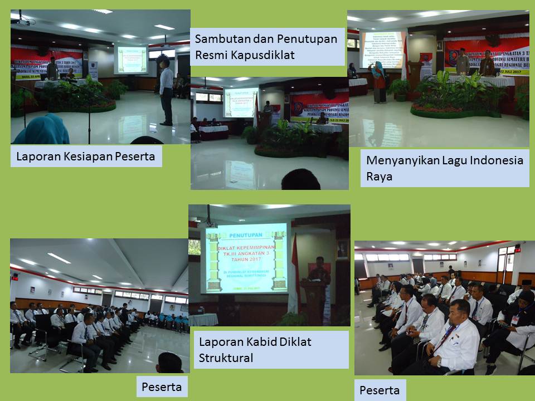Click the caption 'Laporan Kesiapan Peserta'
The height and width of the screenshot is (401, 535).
[86, 157]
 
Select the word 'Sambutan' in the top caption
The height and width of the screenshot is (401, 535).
[220, 39]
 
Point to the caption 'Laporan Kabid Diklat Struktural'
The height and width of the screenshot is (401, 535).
[255, 349]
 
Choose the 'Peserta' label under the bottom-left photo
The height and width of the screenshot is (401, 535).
[162, 387]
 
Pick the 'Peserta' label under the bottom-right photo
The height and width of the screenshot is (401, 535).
[380, 390]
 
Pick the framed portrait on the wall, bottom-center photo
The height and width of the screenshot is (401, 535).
[342, 249]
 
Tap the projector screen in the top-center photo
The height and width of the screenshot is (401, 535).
[240, 102]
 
